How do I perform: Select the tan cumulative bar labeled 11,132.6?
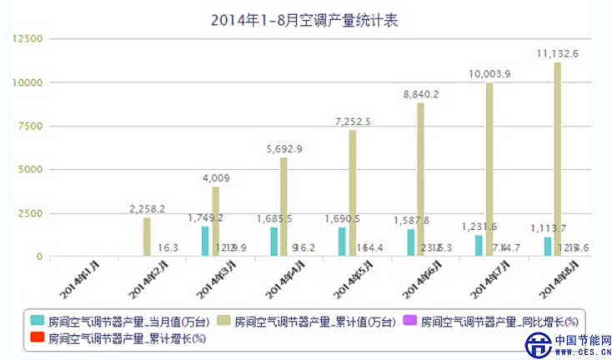click(x=557, y=158)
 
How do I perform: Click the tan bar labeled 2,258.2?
click(x=148, y=237)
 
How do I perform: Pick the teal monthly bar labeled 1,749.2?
click(x=205, y=242)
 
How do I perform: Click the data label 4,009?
click(x=216, y=177)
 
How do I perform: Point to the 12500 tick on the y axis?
click(x=27, y=38)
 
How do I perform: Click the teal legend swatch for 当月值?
click(x=38, y=319)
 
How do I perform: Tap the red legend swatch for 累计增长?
click(x=38, y=337)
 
